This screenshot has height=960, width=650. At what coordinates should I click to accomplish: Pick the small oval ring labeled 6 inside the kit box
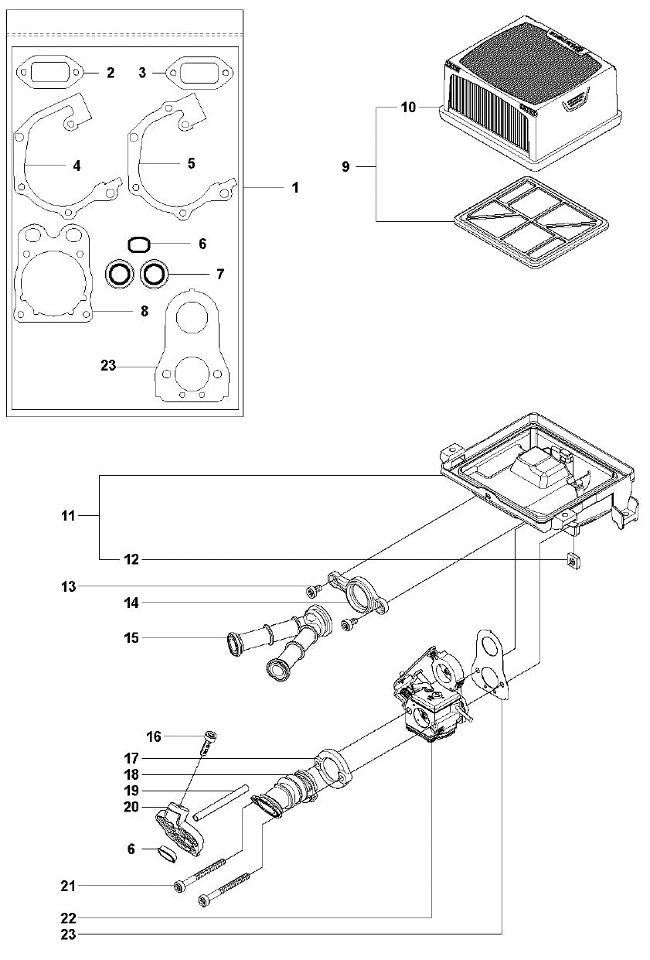coord(138,244)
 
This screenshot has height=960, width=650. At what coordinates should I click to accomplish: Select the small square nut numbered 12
coord(573,560)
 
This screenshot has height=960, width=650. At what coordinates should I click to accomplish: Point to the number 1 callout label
coord(294,187)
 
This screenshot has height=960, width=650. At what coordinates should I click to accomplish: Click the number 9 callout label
coord(345,166)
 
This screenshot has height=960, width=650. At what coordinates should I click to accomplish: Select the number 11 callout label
coord(69,514)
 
